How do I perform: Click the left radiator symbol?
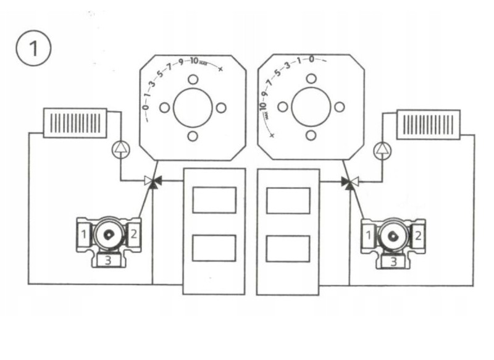pyautogui.click(x=75, y=122)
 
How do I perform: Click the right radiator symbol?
pyautogui.click(x=429, y=123)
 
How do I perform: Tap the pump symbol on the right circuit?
pyautogui.click(x=383, y=149)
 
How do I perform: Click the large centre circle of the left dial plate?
pyautogui.click(x=193, y=107)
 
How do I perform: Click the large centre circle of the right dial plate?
pyautogui.click(x=311, y=107)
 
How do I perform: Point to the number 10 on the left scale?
pyautogui.click(x=194, y=61)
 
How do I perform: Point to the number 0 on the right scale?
pyautogui.click(x=311, y=59)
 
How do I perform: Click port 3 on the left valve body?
pyautogui.click(x=107, y=261)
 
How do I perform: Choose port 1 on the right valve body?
pyautogui.click(x=369, y=235)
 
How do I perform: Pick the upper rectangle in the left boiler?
pyautogui.click(x=214, y=199)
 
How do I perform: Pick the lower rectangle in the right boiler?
pyautogui.click(x=287, y=248)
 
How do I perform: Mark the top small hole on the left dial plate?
pyautogui.click(x=193, y=79)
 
